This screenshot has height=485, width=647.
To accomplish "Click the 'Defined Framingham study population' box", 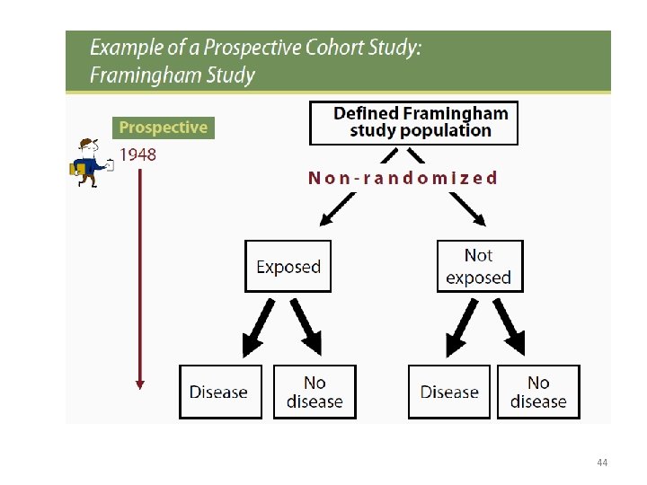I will (x=413, y=123).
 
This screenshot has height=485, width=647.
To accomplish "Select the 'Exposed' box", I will (x=288, y=266).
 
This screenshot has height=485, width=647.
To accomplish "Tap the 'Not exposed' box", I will (x=479, y=266).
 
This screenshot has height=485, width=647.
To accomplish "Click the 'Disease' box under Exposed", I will (x=220, y=392).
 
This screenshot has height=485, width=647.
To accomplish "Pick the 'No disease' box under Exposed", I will (x=315, y=392).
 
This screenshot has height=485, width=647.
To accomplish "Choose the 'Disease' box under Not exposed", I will (x=449, y=392).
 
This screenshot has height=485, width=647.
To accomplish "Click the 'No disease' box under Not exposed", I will (x=538, y=392).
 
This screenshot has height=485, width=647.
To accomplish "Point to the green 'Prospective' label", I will (x=163, y=128).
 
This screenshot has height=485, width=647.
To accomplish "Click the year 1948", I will (x=137, y=154).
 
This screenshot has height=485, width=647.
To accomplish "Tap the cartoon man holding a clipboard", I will (x=91, y=163).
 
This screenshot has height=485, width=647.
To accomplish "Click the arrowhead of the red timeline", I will (x=139, y=384).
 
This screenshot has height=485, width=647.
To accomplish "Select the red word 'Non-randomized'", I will (x=403, y=178).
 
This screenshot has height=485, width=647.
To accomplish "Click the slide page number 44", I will (x=601, y=463).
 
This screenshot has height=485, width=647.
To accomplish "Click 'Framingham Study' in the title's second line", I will (x=173, y=75).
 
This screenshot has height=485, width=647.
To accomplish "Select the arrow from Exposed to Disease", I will (x=257, y=327).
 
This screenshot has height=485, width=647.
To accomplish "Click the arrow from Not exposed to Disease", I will (x=464, y=327).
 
